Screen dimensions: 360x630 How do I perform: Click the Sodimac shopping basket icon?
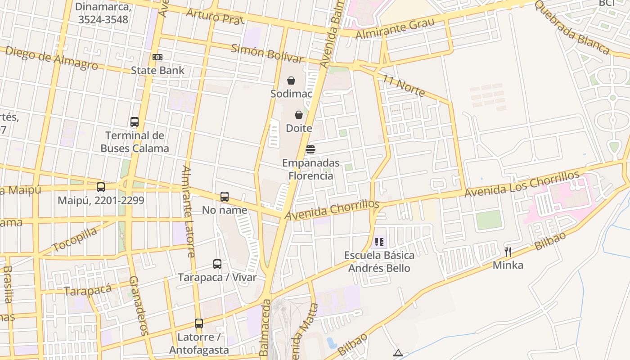pyautogui.click(x=291, y=81)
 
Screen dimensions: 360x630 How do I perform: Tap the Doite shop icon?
pyautogui.click(x=299, y=115)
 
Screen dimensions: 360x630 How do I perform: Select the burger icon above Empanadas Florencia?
pyautogui.click(x=310, y=149)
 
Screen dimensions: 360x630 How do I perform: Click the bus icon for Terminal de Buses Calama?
pyautogui.click(x=135, y=122)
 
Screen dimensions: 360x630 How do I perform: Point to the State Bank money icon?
pyautogui.click(x=157, y=57)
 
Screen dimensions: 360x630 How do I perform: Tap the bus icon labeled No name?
pyautogui.click(x=225, y=197)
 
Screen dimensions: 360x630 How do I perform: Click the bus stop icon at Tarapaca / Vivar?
pyautogui.click(x=217, y=264)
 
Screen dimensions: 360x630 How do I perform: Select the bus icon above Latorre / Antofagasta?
pyautogui.click(x=199, y=324)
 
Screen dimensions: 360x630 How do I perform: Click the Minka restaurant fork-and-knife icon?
pyautogui.click(x=508, y=252)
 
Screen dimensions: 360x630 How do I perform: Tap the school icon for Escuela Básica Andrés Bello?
pyautogui.click(x=379, y=242)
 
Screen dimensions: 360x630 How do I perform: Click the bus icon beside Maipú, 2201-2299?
pyautogui.click(x=101, y=187)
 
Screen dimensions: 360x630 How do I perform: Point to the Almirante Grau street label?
pyautogui.click(x=395, y=28)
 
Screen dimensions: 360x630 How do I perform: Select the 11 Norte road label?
pyautogui.click(x=404, y=85)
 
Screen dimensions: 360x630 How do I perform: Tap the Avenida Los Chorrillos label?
pyautogui.click(x=522, y=184)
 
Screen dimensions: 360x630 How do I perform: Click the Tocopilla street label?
pyautogui.click(x=75, y=239)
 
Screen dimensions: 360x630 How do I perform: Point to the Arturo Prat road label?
pyautogui.click(x=215, y=16)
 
